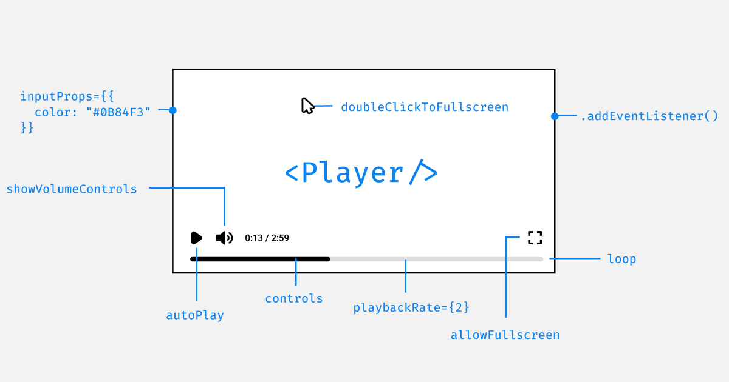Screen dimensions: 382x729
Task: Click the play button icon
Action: click(196, 238)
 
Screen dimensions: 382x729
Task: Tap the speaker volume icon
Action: click(224, 238)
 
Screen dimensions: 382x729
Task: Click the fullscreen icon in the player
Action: click(535, 238)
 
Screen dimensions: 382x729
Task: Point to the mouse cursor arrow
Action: click(307, 106)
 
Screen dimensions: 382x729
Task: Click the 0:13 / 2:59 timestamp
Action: click(267, 238)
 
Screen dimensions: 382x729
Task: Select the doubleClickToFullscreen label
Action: click(425, 107)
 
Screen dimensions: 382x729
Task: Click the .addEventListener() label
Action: click(649, 116)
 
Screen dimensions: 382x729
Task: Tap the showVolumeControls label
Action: click(72, 189)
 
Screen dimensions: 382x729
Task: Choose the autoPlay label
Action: click(195, 315)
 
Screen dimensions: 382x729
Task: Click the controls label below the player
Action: click(294, 298)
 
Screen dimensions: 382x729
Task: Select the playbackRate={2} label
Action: click(411, 307)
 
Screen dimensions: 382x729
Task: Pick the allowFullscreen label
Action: click(505, 335)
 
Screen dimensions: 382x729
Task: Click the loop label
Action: click(621, 259)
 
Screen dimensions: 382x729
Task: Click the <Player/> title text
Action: click(361, 173)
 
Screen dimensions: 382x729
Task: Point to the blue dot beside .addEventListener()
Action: click(555, 116)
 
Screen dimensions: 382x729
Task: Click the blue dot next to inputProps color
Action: click(173, 110)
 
